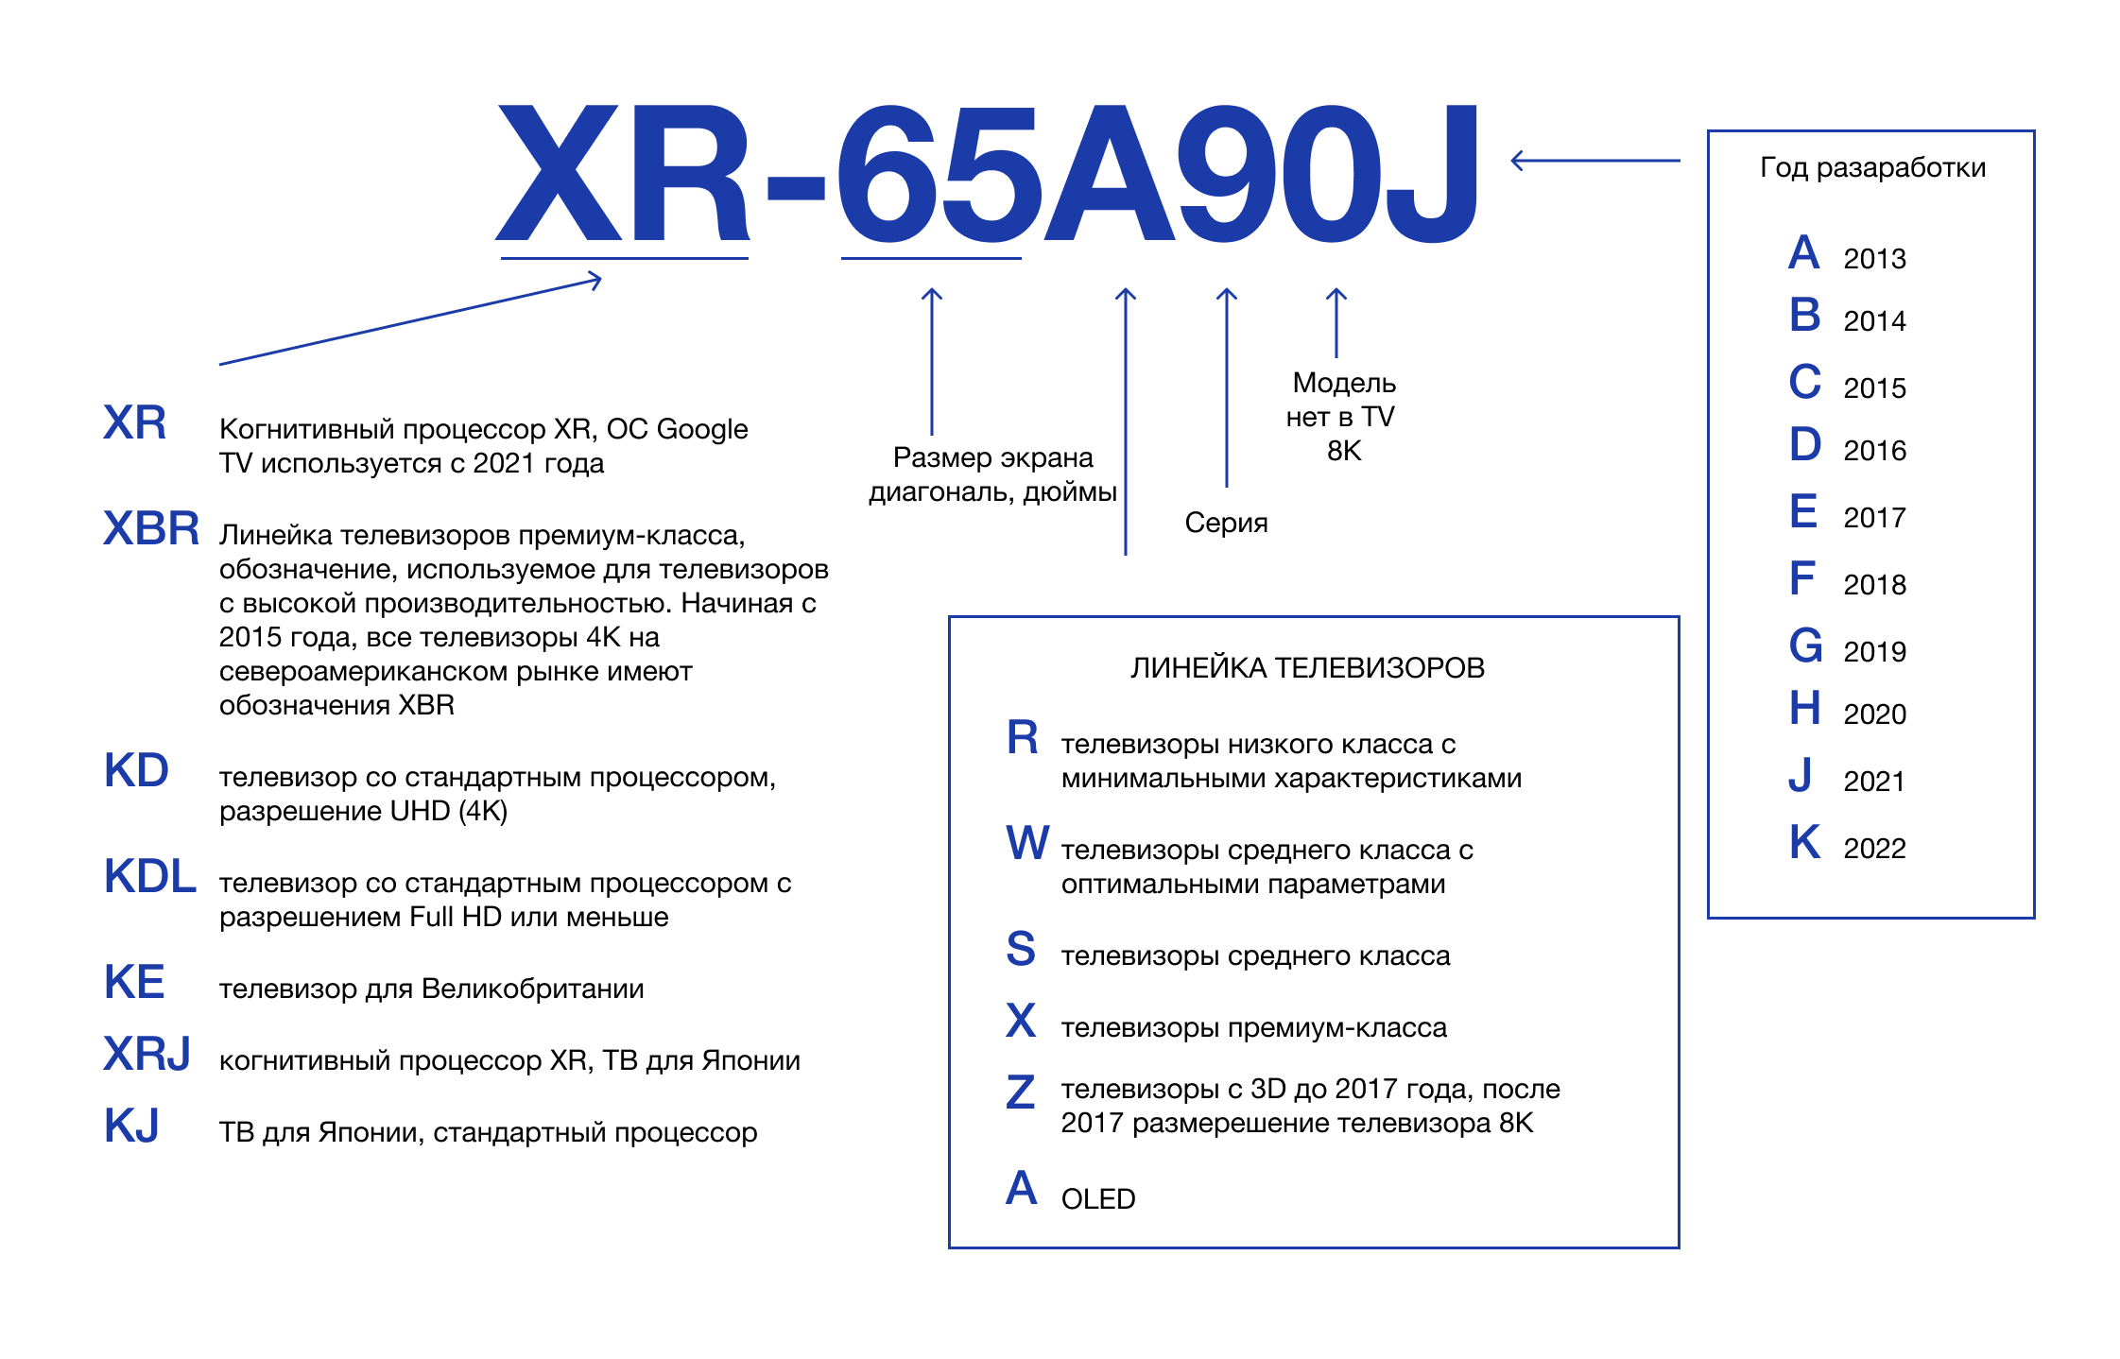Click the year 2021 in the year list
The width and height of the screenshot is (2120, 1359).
point(1873,782)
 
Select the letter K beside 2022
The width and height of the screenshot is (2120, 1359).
point(1804,842)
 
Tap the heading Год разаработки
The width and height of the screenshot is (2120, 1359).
point(1872,168)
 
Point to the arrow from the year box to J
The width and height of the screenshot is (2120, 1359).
point(1594,161)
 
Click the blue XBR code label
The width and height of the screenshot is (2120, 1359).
point(151,528)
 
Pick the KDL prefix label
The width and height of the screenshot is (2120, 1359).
point(150,876)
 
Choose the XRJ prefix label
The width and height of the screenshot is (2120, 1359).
point(147,1054)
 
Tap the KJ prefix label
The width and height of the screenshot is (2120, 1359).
point(131,1126)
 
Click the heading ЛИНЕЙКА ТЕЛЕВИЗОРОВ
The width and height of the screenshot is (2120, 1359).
point(1307,668)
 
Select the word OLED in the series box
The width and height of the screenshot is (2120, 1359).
point(1098,1199)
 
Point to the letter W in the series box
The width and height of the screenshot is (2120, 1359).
point(1027,842)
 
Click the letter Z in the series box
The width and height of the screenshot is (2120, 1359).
point(1021,1092)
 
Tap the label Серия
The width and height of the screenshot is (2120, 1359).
point(1226,523)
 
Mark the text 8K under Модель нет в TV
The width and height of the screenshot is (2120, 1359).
point(1344,452)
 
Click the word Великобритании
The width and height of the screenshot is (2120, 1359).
point(532,989)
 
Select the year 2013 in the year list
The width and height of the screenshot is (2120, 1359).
point(1874,259)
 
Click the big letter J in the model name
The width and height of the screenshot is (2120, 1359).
point(1431,175)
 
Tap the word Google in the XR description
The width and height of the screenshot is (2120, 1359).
point(702,430)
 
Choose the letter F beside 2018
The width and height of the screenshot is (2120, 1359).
point(1801,577)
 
